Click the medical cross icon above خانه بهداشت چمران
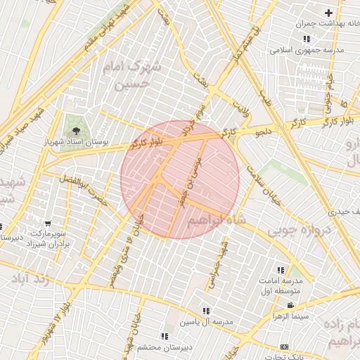[x=328, y=13]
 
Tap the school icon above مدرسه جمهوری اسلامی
[x=306, y=39]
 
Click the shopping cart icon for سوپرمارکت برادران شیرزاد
[x=47, y=224]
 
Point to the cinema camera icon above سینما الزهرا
[x=290, y=305]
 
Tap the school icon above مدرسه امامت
[x=281, y=270]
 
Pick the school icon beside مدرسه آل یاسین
[x=206, y=311]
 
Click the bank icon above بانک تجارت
[x=284, y=347]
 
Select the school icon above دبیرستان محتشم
[x=165, y=336]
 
